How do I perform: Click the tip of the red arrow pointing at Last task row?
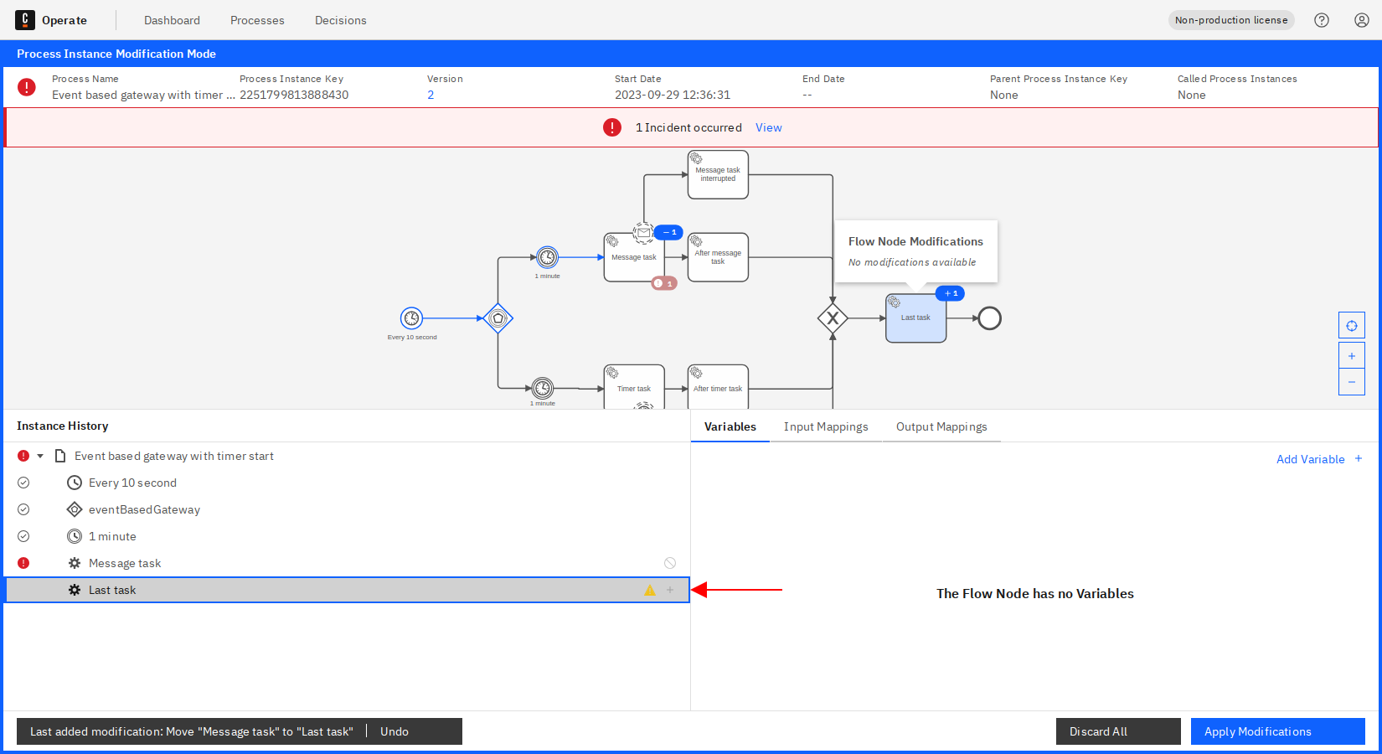pyautogui.click(x=691, y=590)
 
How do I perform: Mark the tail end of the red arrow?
pyautogui.click(x=782, y=590)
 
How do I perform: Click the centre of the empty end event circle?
pyautogui.click(x=990, y=318)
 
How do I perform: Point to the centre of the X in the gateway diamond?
pyautogui.click(x=833, y=318)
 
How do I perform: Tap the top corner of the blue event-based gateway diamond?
pyautogui.click(x=498, y=302)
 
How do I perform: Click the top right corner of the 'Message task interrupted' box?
pyautogui.click(x=749, y=151)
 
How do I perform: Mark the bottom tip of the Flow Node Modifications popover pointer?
pyautogui.click(x=915, y=292)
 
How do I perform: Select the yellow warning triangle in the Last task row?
pyautogui.click(x=650, y=591)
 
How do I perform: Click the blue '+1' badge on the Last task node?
pyautogui.click(x=950, y=294)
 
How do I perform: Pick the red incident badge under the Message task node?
pyautogui.click(x=664, y=284)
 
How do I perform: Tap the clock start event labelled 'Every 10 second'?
pyautogui.click(x=411, y=318)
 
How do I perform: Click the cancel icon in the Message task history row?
pyautogui.click(x=670, y=563)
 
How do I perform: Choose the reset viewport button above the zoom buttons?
pyautogui.click(x=1351, y=326)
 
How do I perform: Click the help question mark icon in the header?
pyautogui.click(x=1322, y=20)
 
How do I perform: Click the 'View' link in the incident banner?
pyautogui.click(x=769, y=127)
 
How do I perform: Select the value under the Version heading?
pyautogui.click(x=431, y=95)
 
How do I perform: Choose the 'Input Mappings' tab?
pyautogui.click(x=826, y=427)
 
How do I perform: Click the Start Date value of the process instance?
pyautogui.click(x=673, y=95)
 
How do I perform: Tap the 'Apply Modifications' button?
pyautogui.click(x=1278, y=731)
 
